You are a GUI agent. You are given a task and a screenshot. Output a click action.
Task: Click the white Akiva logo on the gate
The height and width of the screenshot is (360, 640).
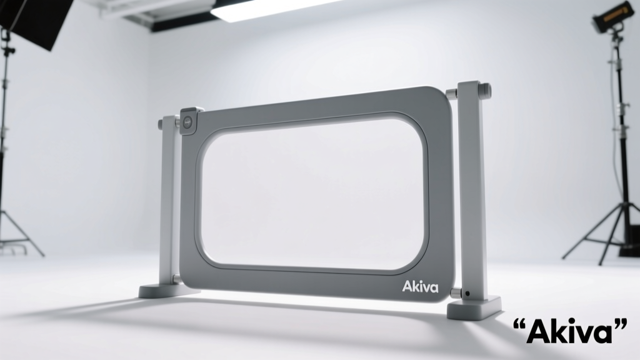(x=421, y=286)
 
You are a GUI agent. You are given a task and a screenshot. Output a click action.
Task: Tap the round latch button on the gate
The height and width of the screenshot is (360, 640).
(x=188, y=121)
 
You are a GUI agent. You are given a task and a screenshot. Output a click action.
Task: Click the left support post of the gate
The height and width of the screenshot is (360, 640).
(x=168, y=200)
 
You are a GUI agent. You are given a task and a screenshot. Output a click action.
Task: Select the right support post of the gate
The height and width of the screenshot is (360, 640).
(x=471, y=192)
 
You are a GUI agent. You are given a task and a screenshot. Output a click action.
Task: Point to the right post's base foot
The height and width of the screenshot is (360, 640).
(x=474, y=308)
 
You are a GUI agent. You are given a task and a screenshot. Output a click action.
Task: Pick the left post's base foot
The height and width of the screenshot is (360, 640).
(x=163, y=291)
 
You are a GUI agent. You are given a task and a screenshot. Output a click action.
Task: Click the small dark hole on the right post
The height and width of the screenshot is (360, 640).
(x=467, y=293)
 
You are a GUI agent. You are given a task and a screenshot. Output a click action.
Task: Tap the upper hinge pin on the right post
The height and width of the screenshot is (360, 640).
(x=451, y=93)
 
